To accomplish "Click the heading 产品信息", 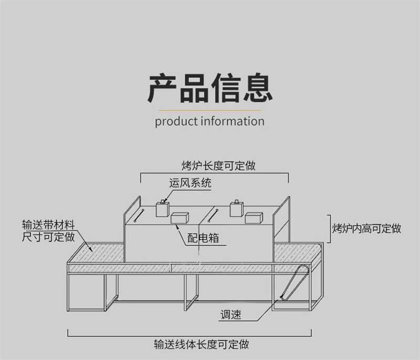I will pos(210,88).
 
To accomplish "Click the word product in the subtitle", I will pos(176,121).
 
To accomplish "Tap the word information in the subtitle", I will pos(232,121).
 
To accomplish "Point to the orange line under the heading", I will pos(210,111).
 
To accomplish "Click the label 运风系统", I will pos(190,183).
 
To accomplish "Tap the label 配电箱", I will pos(203,238).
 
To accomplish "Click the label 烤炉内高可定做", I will pos(367,229).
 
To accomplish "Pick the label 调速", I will pos(230,315).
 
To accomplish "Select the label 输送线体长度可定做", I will pos(201,345).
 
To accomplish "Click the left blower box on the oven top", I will pos(162,209).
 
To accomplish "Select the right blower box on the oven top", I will pos(237,209).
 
